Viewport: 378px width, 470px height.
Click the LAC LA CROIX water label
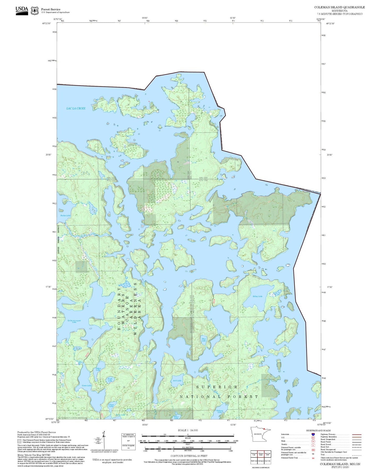click(76, 108)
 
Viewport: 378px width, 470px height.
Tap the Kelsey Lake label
click(257, 296)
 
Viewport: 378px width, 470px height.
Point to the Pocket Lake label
click(65, 215)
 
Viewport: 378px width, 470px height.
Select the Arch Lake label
click(177, 380)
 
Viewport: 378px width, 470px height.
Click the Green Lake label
click(87, 385)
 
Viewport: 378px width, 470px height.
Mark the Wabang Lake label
click(219, 411)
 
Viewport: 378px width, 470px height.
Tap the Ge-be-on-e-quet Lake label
click(74, 321)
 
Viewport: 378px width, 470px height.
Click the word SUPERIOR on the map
click(217, 387)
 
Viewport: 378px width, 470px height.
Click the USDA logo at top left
click(22, 10)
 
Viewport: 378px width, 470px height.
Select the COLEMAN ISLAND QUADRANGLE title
click(339, 7)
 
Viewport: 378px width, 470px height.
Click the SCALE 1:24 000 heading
click(188, 430)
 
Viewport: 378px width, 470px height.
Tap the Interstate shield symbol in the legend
click(313, 434)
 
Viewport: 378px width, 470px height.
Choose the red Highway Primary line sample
click(357, 434)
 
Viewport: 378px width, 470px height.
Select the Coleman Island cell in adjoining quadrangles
click(261, 454)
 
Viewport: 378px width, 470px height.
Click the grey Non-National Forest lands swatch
click(20, 441)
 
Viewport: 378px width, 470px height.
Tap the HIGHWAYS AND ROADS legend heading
click(318, 430)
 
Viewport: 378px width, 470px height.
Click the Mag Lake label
click(204, 340)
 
